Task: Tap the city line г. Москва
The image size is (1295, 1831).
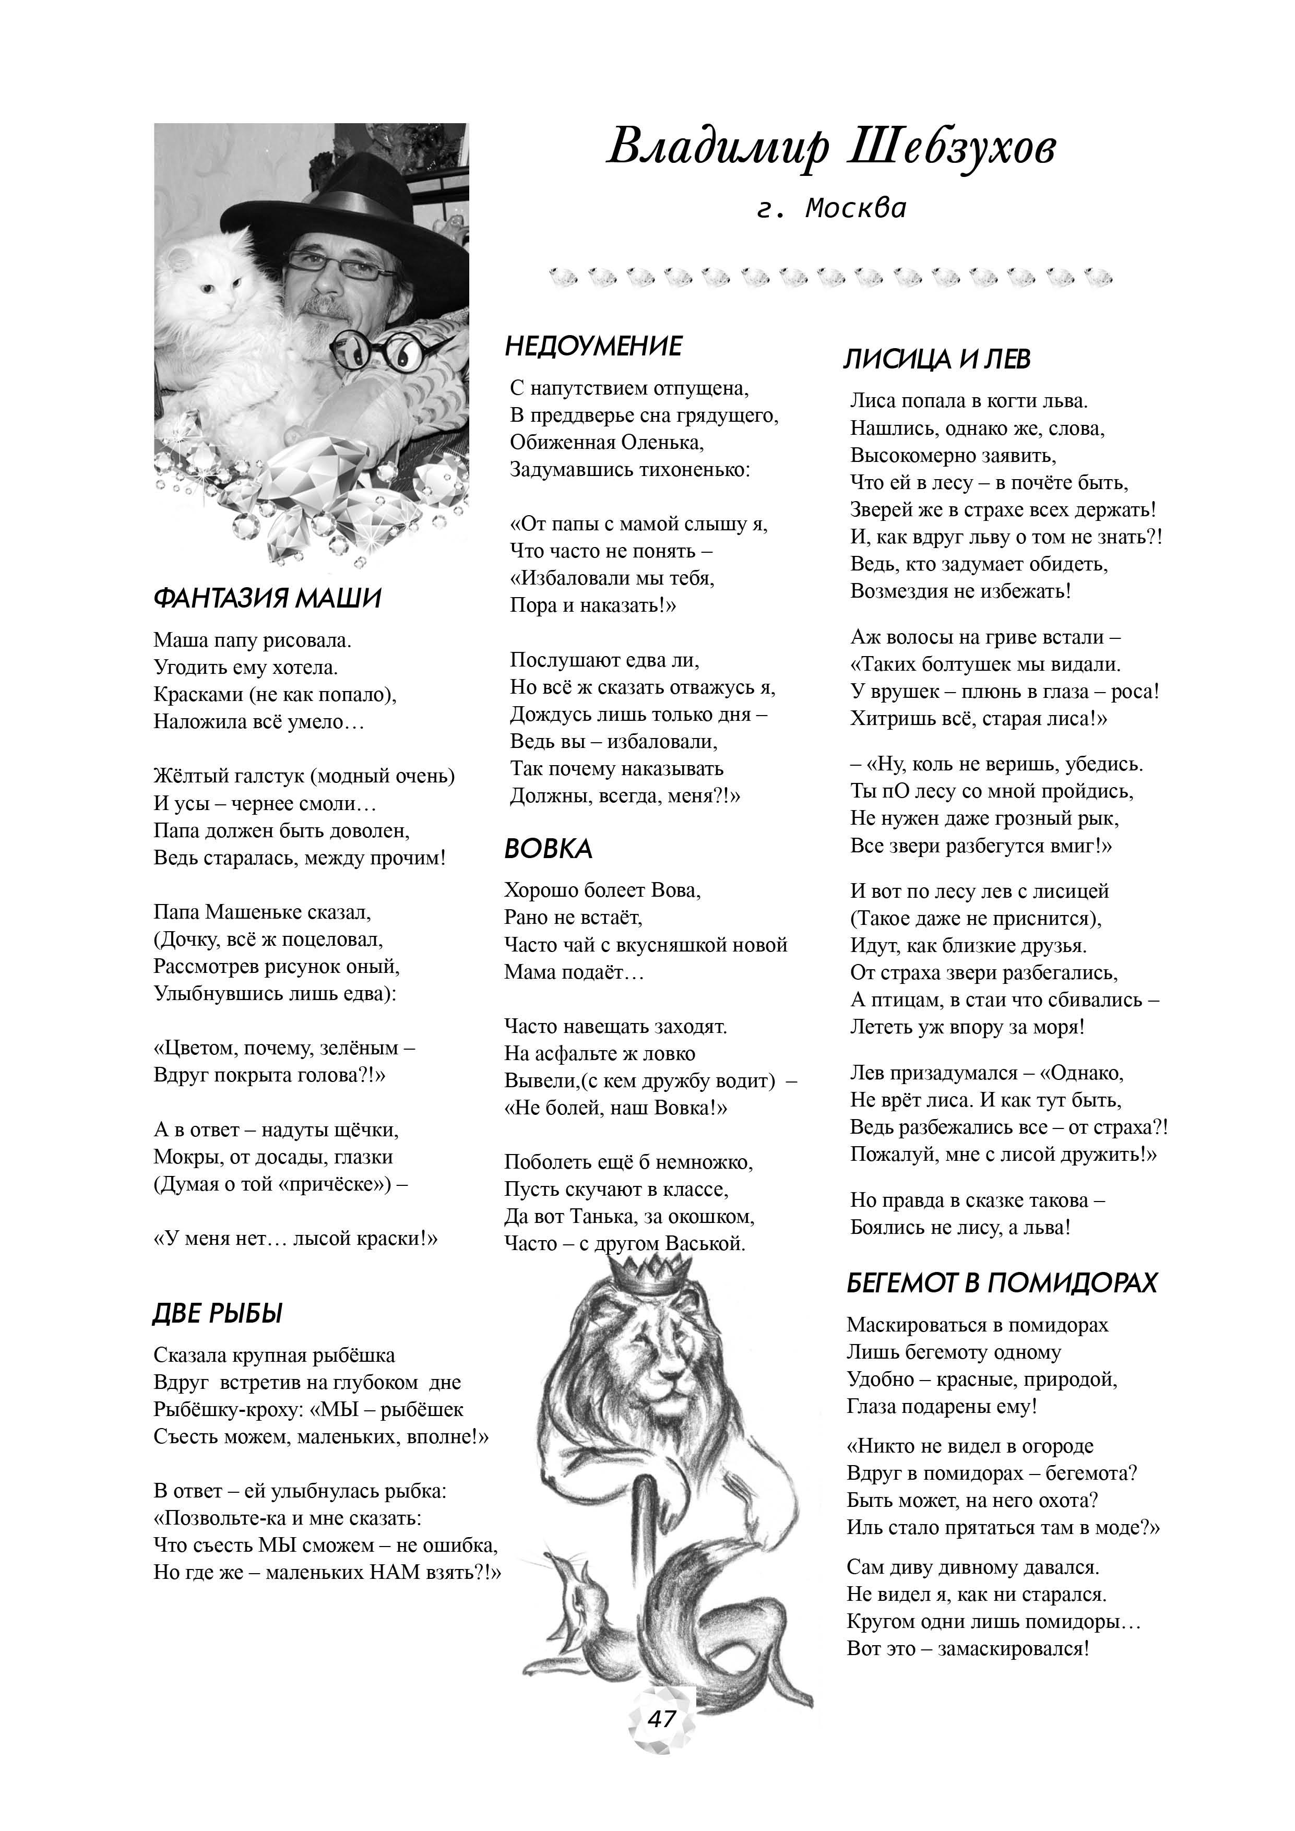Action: pyautogui.click(x=831, y=209)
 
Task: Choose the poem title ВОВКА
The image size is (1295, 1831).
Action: pyautogui.click(x=548, y=849)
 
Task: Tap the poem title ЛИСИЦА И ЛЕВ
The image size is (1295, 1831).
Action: pyautogui.click(x=937, y=360)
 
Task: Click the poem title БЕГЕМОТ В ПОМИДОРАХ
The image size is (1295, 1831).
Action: pyautogui.click(x=1002, y=1282)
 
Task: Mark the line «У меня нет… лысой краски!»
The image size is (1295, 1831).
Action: pyautogui.click(x=295, y=1239)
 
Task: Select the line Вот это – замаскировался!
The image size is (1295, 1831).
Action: pyautogui.click(x=967, y=1648)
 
